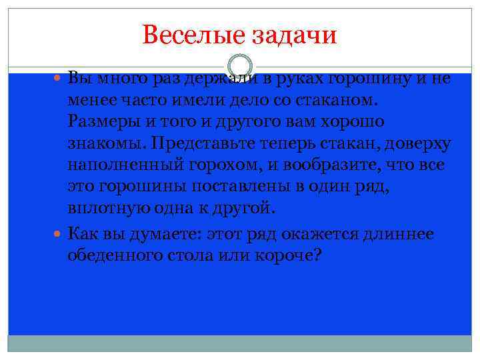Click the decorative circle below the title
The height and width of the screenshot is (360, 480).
[239, 67]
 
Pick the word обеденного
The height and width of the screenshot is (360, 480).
[125, 256]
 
